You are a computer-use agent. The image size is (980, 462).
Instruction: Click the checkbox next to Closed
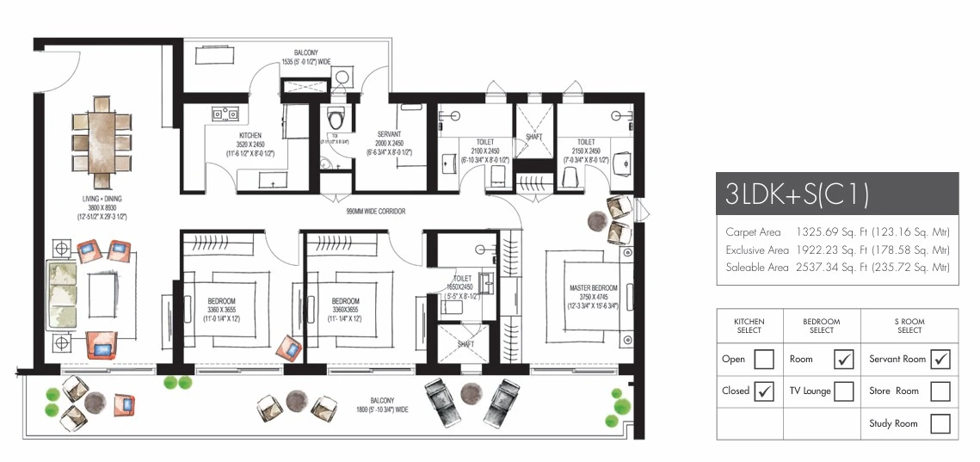tap(763, 391)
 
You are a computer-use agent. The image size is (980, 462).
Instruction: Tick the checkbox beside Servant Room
tap(940, 359)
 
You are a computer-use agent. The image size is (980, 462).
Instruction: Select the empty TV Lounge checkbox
tap(843, 391)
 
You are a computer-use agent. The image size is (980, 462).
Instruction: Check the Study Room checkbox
tap(940, 423)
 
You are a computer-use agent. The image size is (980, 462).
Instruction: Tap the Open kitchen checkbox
tap(763, 359)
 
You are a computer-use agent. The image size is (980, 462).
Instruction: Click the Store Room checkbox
tap(940, 391)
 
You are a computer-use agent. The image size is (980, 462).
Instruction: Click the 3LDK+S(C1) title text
tap(796, 194)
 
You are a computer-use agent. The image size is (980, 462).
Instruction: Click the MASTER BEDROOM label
tap(594, 287)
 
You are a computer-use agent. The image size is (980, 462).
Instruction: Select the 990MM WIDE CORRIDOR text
tap(375, 211)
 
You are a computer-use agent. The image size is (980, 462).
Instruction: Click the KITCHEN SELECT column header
tap(749, 325)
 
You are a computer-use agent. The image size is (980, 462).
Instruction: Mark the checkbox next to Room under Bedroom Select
tap(843, 359)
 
